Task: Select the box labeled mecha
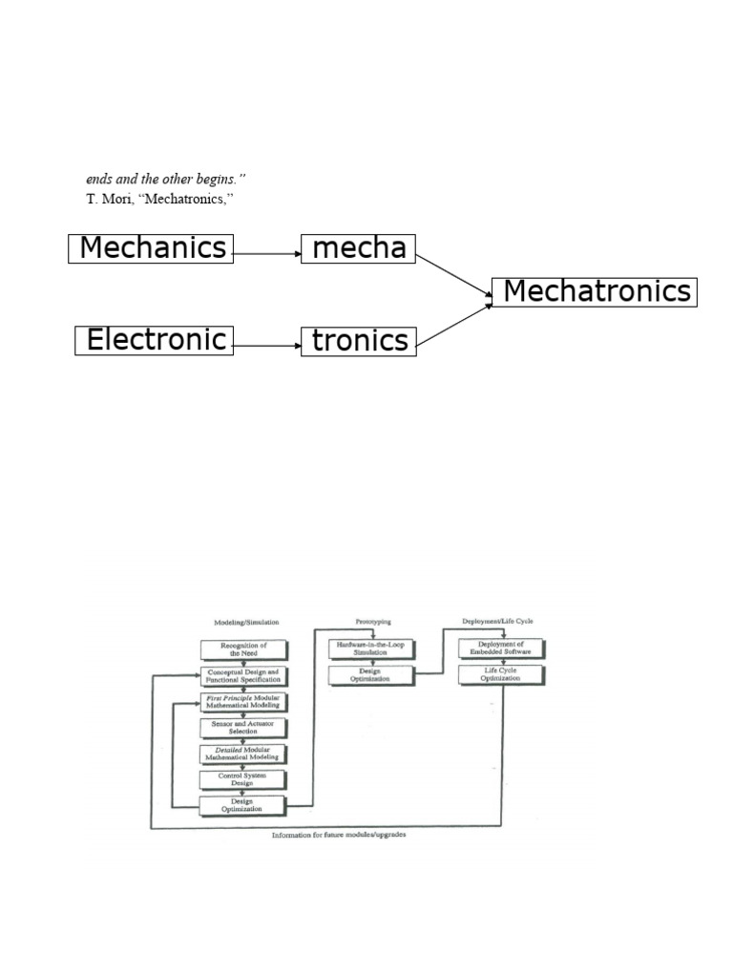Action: [x=359, y=248]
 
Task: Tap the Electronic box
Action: [x=155, y=340]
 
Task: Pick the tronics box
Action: [x=359, y=340]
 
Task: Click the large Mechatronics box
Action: [x=595, y=291]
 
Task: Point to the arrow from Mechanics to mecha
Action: [x=266, y=253]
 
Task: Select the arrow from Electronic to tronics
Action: [x=266, y=344]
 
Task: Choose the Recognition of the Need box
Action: [x=243, y=650]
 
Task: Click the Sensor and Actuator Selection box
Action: [x=243, y=728]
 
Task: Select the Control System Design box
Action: [x=243, y=779]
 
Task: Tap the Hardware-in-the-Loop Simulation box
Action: [x=371, y=649]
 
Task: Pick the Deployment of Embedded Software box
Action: [x=502, y=649]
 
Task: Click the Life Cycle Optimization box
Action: [x=502, y=675]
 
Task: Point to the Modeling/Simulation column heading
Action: [x=243, y=622]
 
